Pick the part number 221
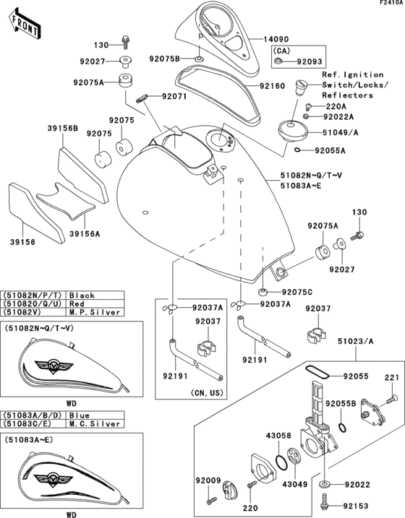pos(391,377)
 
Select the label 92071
pos(174,95)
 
